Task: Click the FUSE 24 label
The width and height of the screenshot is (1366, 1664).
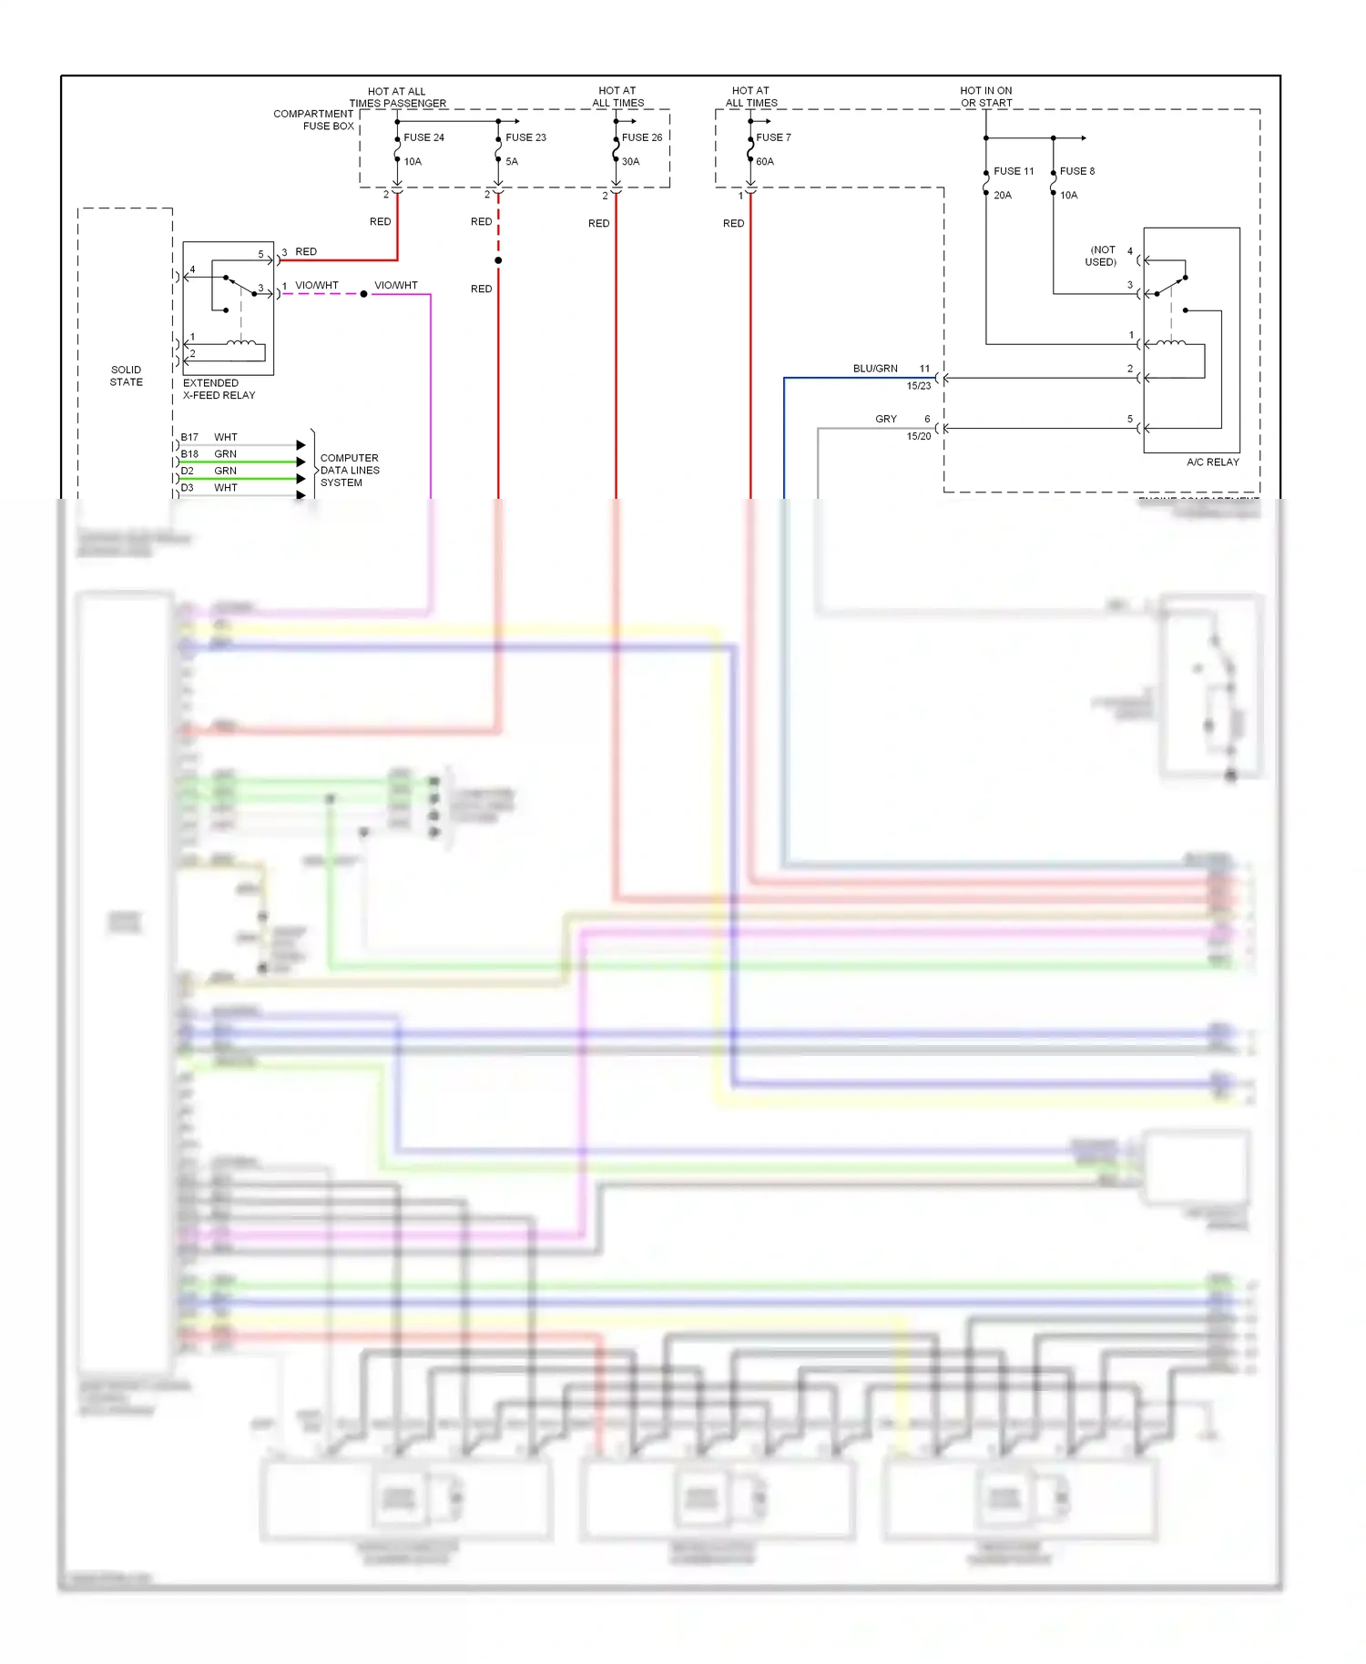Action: [423, 137]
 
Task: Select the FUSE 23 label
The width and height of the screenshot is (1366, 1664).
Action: [525, 137]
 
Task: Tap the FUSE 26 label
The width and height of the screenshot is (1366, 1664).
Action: [642, 137]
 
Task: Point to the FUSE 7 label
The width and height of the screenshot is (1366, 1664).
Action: [773, 137]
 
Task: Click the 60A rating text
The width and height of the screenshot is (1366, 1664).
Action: [765, 161]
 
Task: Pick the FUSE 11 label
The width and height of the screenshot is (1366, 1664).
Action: [1014, 171]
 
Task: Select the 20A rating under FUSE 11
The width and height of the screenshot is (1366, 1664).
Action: [1003, 195]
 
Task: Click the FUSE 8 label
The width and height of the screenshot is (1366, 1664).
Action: [1077, 171]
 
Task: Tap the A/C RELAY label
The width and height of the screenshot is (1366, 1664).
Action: [1212, 462]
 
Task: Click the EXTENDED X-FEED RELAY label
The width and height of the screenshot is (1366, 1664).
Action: [219, 389]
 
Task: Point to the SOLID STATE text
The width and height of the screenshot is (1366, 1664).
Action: [126, 376]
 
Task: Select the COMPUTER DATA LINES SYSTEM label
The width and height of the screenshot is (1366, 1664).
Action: [349, 470]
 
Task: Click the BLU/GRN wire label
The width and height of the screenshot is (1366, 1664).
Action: [875, 369]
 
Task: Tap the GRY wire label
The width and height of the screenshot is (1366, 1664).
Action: [886, 419]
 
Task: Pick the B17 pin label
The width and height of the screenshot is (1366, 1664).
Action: [189, 437]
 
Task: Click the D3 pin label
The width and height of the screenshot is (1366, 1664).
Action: [188, 488]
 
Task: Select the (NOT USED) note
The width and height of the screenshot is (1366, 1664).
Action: [1102, 256]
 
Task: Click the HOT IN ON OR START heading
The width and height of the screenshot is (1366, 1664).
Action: [985, 96]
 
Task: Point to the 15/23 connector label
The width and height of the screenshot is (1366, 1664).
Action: [918, 386]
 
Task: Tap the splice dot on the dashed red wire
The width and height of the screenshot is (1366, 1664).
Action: [498, 260]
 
